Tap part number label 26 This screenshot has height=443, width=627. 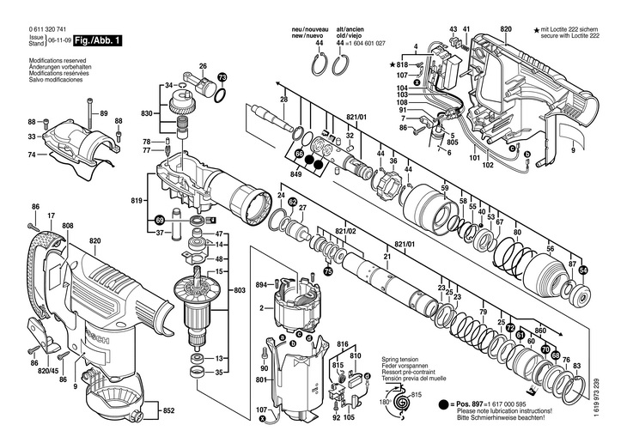click(204, 66)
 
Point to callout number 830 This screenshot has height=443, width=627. click(147, 114)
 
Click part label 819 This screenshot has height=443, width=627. click(137, 202)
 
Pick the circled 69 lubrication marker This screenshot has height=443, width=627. click(160, 221)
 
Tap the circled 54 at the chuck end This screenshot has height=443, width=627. click(583, 270)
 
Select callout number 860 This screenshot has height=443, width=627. click(540, 331)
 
